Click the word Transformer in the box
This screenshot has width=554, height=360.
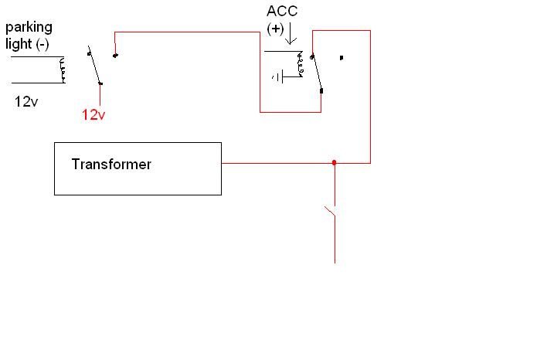[111, 165]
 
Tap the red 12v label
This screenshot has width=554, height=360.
[93, 115]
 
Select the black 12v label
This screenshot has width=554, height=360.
[26, 101]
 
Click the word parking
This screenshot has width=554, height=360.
[29, 29]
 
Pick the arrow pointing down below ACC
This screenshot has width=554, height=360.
[291, 35]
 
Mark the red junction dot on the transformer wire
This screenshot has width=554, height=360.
[334, 163]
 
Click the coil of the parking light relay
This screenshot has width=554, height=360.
[63, 70]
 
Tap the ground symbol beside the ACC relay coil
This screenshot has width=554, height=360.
[279, 76]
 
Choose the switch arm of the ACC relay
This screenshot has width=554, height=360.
[316, 73]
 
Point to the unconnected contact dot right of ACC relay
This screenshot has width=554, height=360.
[342, 57]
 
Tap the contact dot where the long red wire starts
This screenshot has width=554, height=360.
[115, 55]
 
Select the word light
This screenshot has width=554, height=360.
[17, 44]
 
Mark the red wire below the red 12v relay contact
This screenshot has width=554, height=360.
[100, 94]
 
